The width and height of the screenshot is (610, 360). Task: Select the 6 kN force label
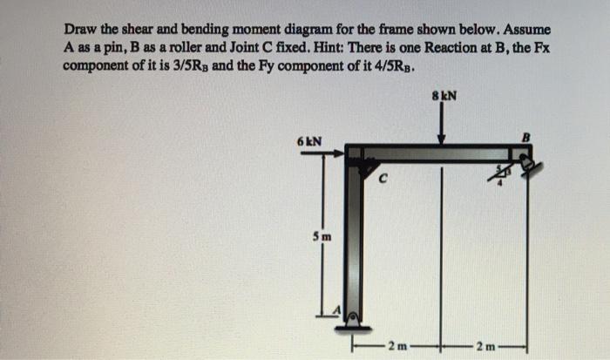310,141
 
